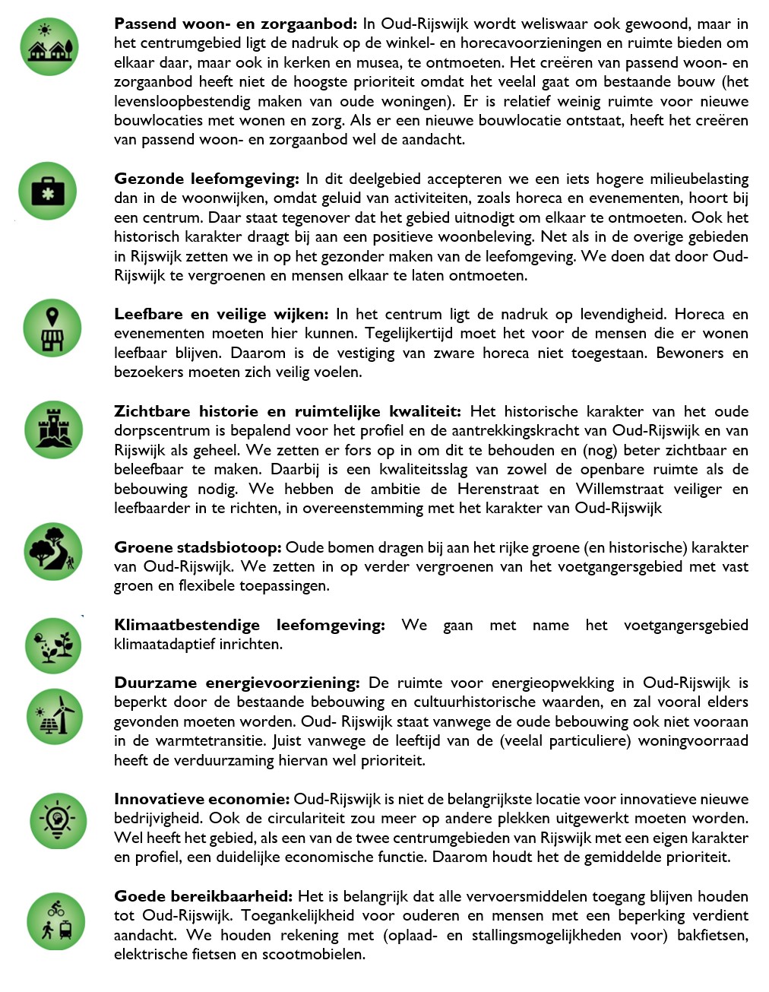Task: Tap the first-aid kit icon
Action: coord(48,192)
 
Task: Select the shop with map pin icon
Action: coord(52,328)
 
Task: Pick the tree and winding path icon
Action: coord(53,551)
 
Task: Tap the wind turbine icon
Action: coord(55,716)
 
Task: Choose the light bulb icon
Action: coord(59,820)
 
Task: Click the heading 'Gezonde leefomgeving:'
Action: coord(207,179)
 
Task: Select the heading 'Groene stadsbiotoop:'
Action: coord(198,547)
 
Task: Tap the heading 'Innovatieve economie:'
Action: coord(201,799)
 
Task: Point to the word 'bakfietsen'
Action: coord(712,935)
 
